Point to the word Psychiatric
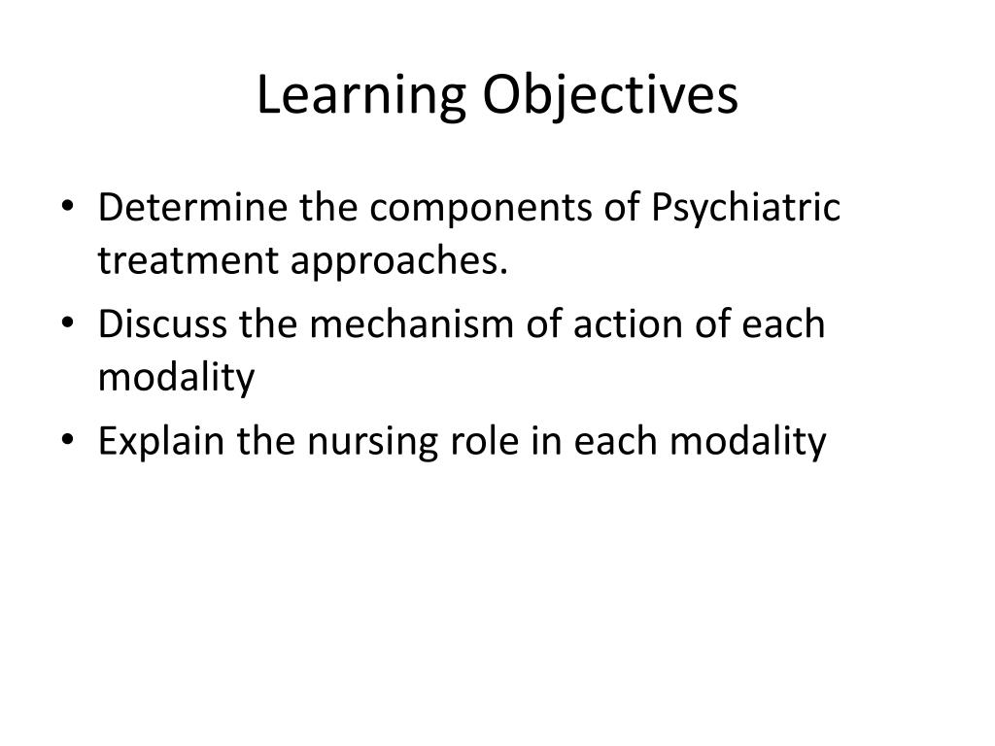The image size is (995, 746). coord(731,209)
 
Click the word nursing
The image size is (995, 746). coord(370,442)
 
